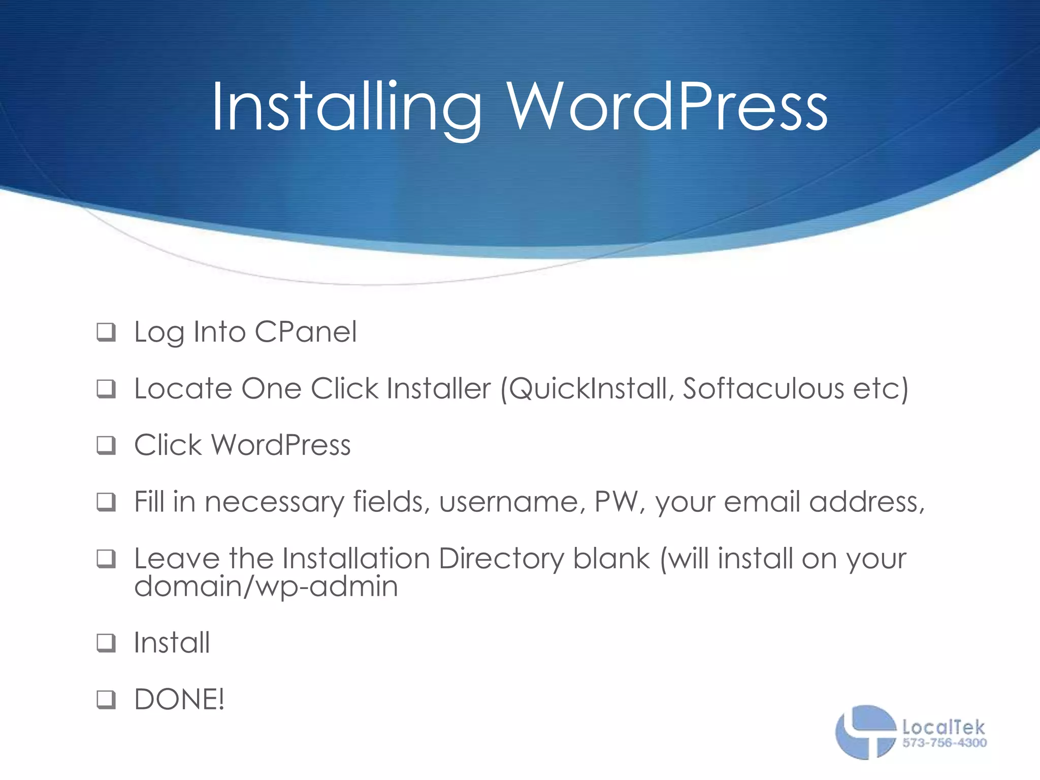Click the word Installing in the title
[x=345, y=108]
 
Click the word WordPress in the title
[x=667, y=108]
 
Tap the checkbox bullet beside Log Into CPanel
[x=106, y=333]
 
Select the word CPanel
[x=306, y=333]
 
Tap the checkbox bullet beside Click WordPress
[x=106, y=446]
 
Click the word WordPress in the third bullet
[x=281, y=445]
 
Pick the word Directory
[x=501, y=559]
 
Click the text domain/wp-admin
[x=266, y=587]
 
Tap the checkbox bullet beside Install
[x=106, y=643]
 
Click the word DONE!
[x=179, y=700]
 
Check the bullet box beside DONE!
[x=106, y=700]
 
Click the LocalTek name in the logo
[x=944, y=728]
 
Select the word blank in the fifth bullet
[x=611, y=559]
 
